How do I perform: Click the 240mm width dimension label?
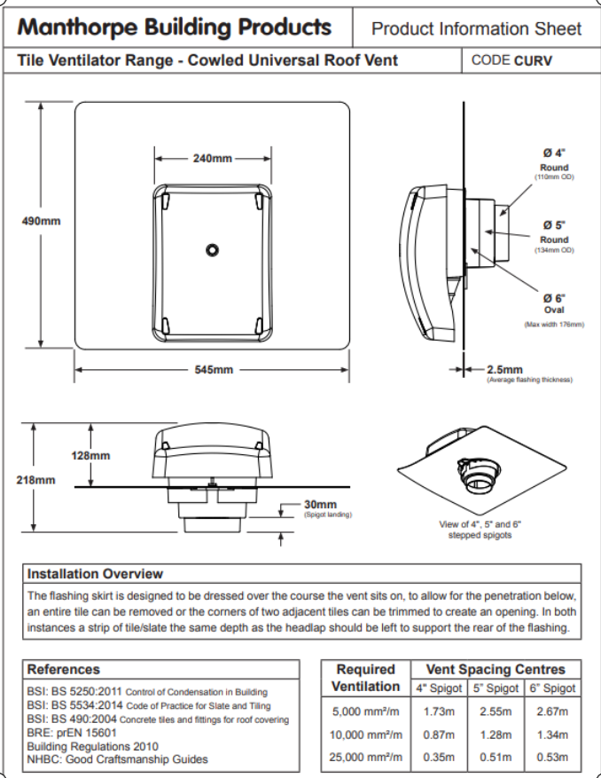click(213, 159)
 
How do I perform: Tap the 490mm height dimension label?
click(41, 220)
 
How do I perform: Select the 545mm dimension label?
click(214, 369)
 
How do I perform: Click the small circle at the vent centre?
click(213, 250)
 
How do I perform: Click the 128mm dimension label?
click(90, 455)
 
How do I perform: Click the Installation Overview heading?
click(95, 574)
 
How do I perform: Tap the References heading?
click(64, 670)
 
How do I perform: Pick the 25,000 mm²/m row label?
click(366, 757)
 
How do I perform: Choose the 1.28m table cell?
click(496, 735)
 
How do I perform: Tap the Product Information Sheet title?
click(477, 28)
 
